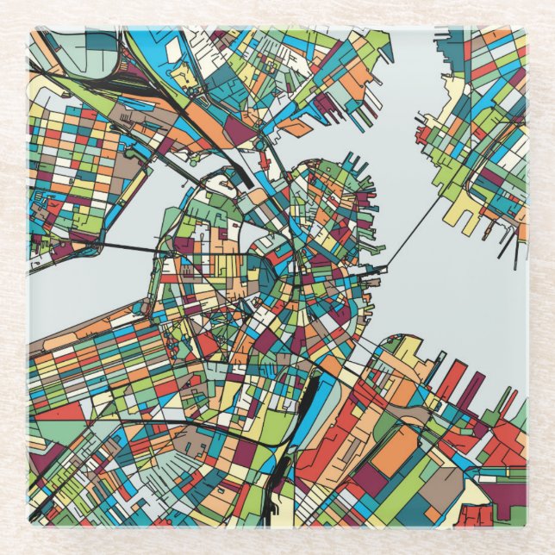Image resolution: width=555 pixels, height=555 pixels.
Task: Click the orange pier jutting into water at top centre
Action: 298,128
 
